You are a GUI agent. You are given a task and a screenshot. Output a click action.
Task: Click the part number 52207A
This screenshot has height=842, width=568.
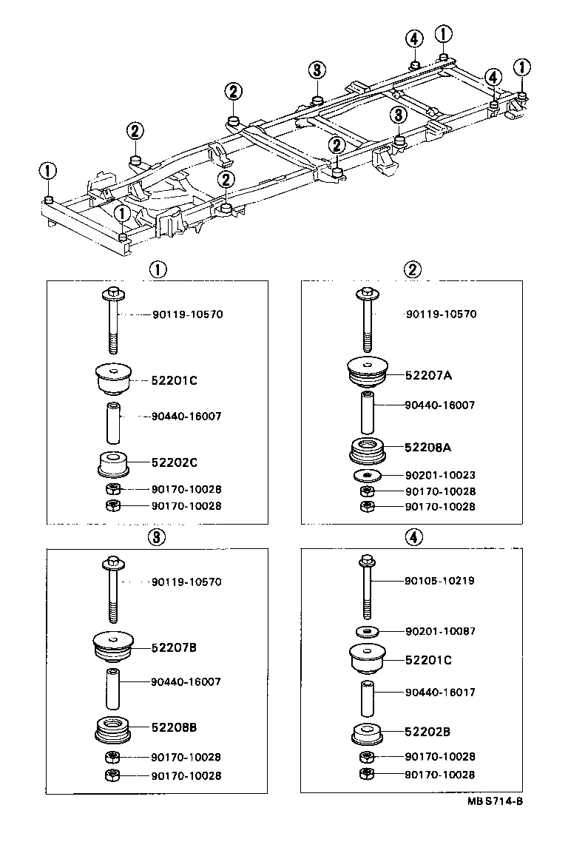[x=428, y=375]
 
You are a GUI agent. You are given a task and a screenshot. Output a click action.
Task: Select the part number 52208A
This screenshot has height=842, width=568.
[x=428, y=447]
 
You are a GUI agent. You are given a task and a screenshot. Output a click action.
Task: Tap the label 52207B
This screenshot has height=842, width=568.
[x=174, y=647]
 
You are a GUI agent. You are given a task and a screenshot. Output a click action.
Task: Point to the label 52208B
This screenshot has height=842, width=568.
[x=174, y=727]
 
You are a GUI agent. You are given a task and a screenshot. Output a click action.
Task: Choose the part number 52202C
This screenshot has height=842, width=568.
[x=174, y=462]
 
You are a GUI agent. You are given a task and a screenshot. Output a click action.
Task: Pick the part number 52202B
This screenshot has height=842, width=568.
[x=427, y=732]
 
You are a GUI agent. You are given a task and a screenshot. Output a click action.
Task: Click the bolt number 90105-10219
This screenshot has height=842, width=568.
[x=440, y=581]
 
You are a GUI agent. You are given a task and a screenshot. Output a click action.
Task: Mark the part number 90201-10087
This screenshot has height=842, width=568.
[x=440, y=631]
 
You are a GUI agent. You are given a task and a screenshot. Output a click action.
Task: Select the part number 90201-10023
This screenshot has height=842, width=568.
[x=440, y=475]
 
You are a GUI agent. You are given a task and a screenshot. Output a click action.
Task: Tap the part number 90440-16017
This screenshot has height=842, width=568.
[x=440, y=693]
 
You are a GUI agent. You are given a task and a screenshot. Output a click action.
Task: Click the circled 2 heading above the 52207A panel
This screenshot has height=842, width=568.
[x=413, y=269]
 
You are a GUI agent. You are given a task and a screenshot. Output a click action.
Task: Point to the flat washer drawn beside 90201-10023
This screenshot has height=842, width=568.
[x=366, y=475]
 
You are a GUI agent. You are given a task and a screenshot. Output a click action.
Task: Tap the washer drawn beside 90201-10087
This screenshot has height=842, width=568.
[x=366, y=631]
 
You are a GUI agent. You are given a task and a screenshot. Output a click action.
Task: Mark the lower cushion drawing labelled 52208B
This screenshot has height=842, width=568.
[x=113, y=728]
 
